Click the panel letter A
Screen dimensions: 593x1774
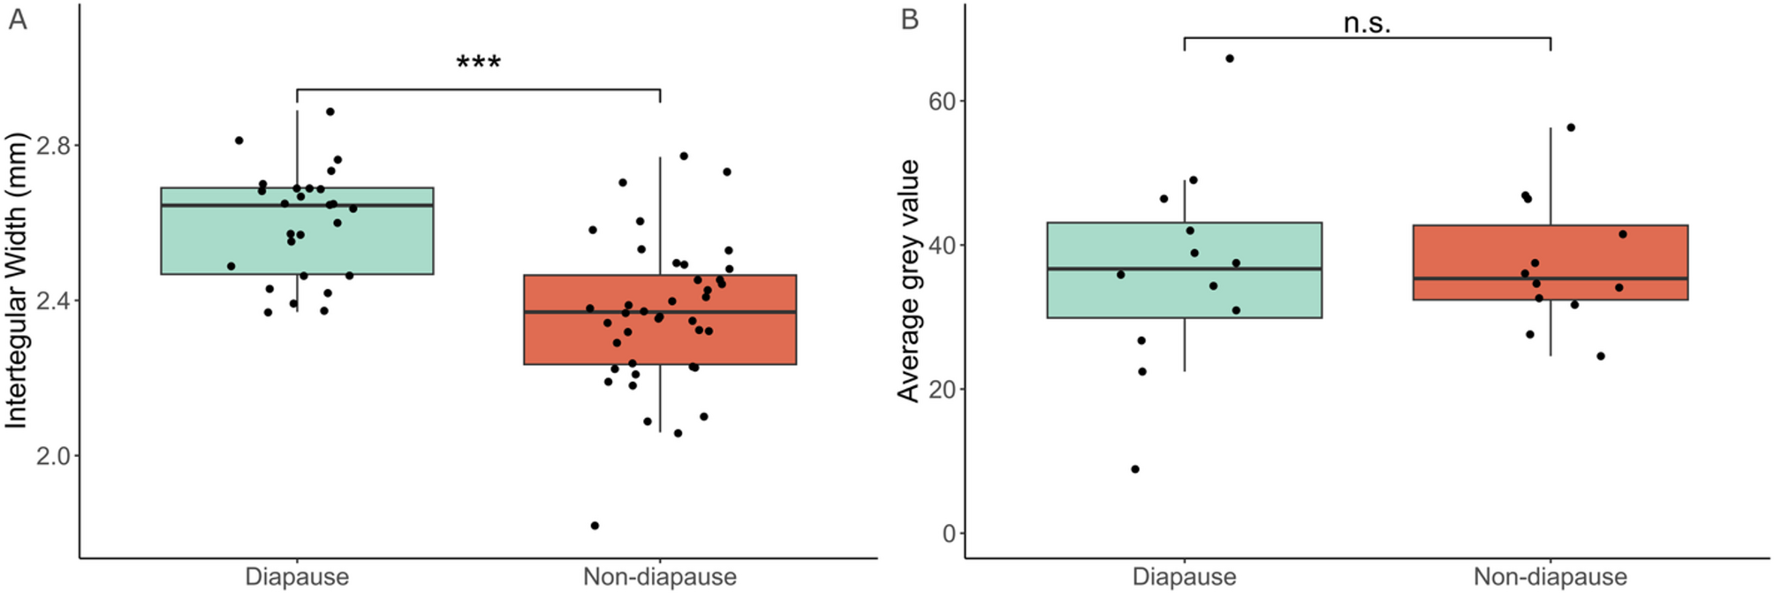(17, 19)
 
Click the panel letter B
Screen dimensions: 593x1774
(909, 19)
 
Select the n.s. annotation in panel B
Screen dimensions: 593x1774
(1367, 24)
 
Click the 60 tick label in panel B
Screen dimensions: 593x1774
(942, 102)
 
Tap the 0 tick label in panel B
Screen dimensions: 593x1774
(950, 534)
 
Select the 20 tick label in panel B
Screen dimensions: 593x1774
(942, 390)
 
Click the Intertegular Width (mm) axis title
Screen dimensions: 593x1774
(17, 280)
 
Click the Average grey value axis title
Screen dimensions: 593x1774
(908, 280)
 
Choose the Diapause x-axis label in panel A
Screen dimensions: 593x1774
(297, 577)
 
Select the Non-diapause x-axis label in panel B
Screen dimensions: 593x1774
(1550, 577)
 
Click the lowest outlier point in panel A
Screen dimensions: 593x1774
(595, 526)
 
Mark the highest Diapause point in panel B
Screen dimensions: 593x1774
(1229, 58)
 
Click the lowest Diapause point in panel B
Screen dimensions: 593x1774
(1135, 469)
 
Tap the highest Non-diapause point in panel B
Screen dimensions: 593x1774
(1571, 127)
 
